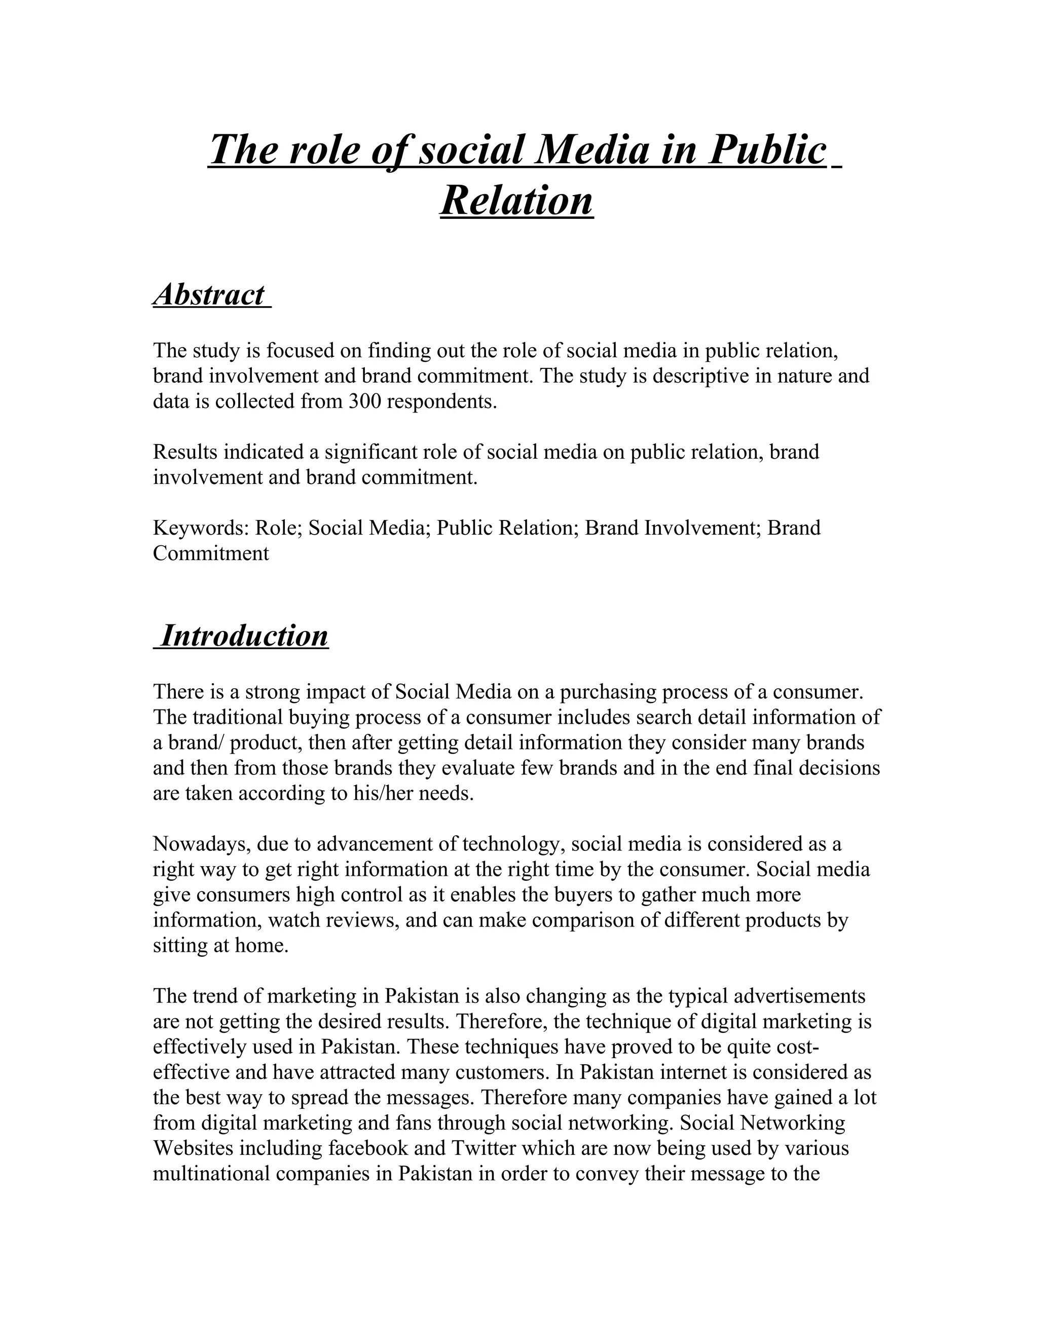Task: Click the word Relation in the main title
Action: point(516,201)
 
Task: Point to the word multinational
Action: point(211,1173)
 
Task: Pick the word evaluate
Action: point(481,768)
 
